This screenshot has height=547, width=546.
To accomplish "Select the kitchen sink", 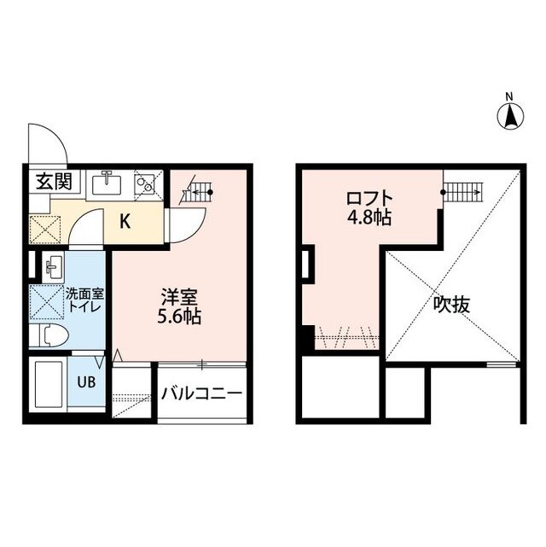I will click(x=108, y=183).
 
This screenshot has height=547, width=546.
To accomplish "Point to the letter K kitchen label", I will click(x=125, y=223).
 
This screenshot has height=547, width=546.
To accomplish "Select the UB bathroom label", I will click(x=88, y=382).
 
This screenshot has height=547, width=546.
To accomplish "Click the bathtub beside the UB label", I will click(x=49, y=383).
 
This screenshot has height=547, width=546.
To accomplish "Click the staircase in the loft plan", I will click(x=464, y=192).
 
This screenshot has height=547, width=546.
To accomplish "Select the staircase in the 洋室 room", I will click(x=197, y=193).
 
